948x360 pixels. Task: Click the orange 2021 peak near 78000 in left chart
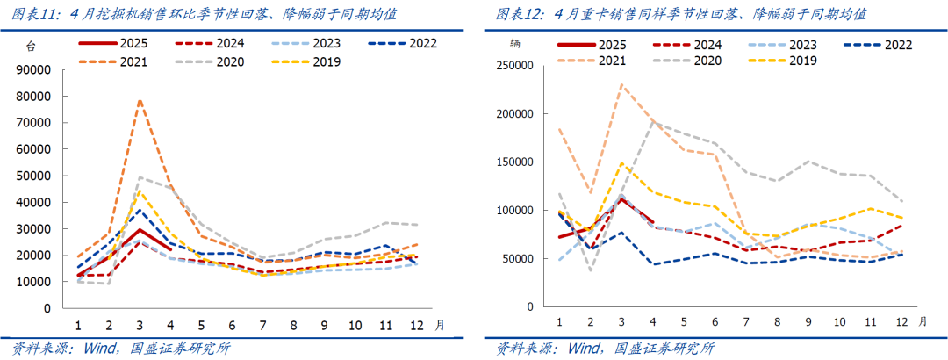(139, 100)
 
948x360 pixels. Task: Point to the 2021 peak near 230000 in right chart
(621, 85)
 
